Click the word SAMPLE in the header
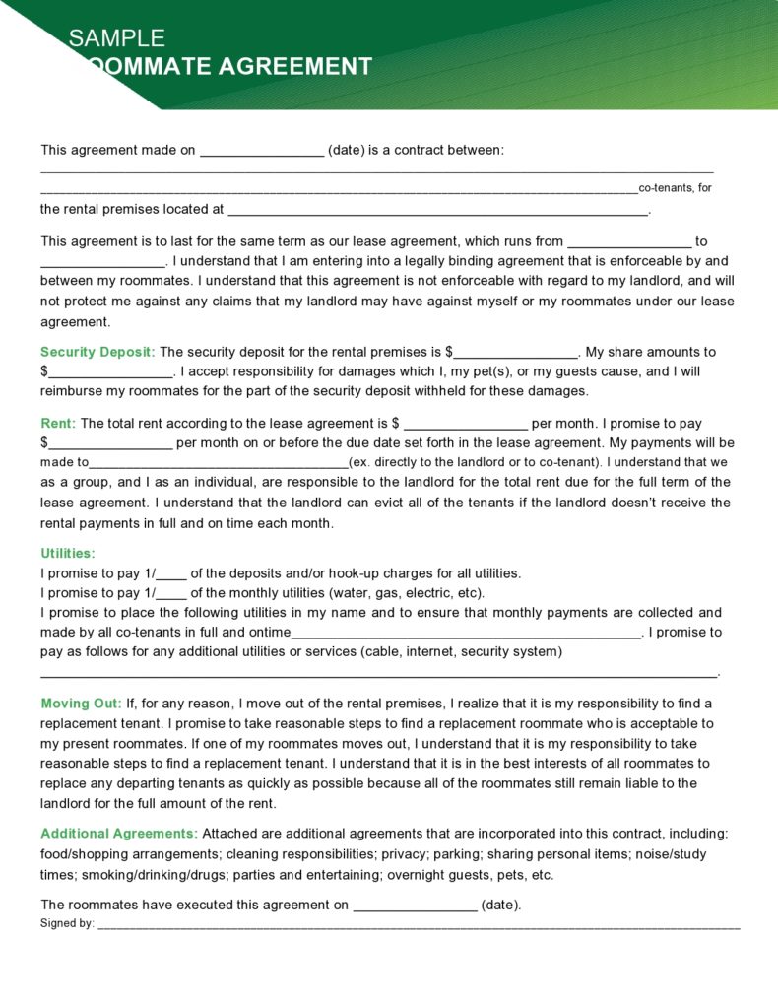(116, 38)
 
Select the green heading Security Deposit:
(97, 352)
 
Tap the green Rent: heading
(58, 424)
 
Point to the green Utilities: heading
(68, 554)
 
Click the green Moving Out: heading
(82, 704)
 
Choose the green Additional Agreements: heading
(119, 834)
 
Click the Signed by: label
(67, 924)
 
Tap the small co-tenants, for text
(675, 188)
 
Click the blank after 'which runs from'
(629, 242)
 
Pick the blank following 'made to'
(219, 463)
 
